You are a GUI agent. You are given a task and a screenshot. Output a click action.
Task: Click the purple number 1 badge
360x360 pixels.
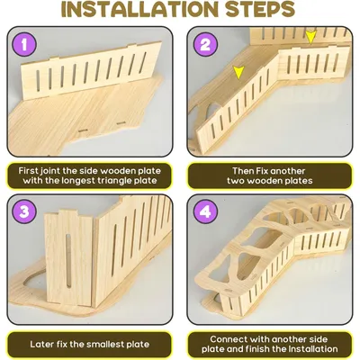(24, 45)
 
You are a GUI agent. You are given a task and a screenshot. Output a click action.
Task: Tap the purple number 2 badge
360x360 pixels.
(205, 45)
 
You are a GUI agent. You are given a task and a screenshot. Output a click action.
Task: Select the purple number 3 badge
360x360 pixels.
(24, 211)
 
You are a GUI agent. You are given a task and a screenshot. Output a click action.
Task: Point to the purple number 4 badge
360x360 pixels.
(205, 211)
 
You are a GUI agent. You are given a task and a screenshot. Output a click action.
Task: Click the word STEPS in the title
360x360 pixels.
(260, 9)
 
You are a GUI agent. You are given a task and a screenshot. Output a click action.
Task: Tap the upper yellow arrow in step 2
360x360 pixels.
(311, 38)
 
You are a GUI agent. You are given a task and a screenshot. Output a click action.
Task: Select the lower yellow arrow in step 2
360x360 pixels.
(238, 73)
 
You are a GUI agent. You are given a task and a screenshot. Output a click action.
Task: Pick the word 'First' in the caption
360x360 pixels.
(28, 171)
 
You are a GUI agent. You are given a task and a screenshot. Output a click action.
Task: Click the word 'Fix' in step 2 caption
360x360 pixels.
(262, 171)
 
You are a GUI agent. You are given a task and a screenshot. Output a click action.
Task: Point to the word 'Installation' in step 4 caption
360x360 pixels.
(313, 349)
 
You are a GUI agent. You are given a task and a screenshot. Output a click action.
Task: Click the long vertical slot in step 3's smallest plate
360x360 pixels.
(68, 261)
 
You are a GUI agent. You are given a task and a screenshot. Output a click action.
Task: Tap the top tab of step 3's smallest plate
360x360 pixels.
(68, 212)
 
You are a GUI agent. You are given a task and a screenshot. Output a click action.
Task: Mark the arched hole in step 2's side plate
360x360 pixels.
(211, 111)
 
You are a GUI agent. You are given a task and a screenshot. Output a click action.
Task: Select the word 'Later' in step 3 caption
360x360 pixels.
(40, 344)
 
